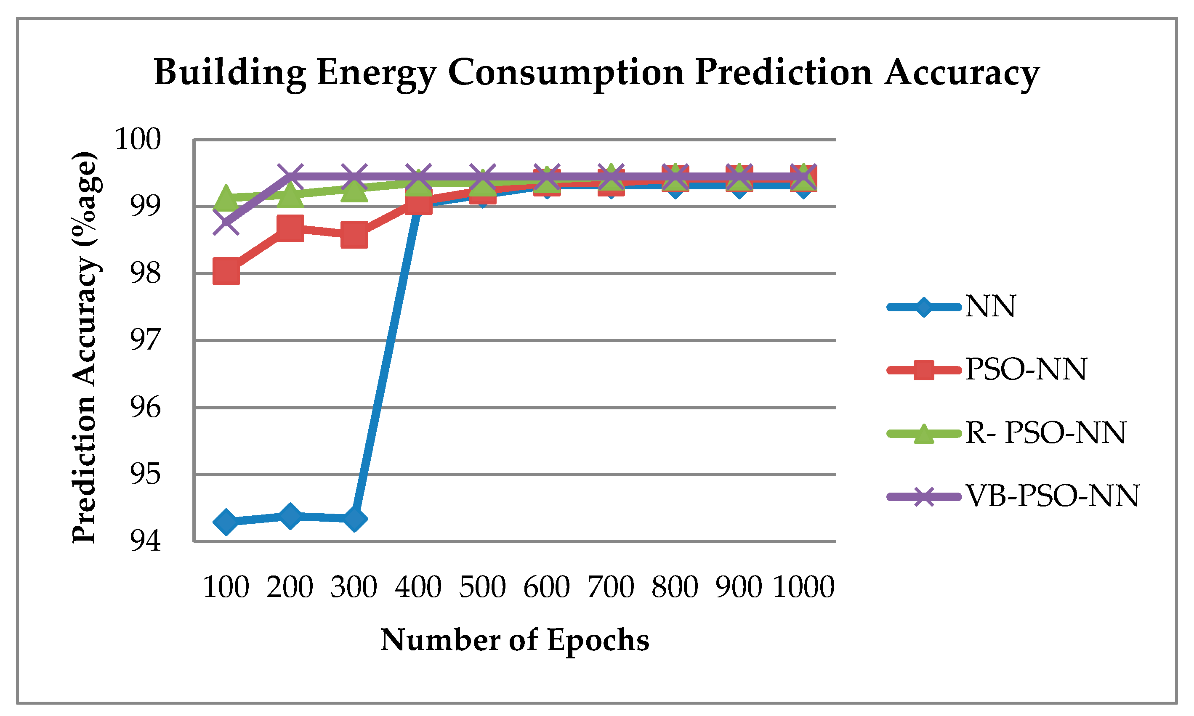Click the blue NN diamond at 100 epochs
point(226,522)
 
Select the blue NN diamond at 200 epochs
point(290,516)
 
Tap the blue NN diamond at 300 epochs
point(354,519)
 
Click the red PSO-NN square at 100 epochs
point(226,271)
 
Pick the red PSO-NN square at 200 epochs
point(290,228)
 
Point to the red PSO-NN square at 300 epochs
point(354,235)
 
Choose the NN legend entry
point(989,306)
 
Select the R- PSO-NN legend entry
point(1045,433)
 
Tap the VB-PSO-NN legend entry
point(1052,496)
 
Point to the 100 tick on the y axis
point(138,140)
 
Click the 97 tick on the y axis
point(145,341)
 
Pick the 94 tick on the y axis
point(145,541)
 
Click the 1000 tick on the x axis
point(803,587)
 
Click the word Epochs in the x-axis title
point(598,641)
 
